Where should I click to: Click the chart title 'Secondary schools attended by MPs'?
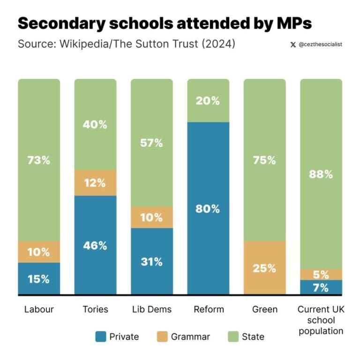tap(165, 24)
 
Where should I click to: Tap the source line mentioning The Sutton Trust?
tap(126, 45)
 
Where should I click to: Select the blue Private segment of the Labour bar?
tap(39, 279)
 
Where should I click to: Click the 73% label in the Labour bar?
tap(39, 160)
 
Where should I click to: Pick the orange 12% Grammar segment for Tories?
tap(95, 183)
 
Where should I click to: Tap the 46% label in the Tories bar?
tap(95, 245)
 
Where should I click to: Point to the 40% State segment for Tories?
tap(95, 125)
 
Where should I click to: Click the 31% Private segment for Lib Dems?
tap(151, 261)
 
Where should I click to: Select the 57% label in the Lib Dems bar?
tap(151, 143)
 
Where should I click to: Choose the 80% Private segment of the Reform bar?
tap(208, 208)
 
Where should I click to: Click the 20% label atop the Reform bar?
tap(208, 100)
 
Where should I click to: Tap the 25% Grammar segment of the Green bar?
tap(264, 268)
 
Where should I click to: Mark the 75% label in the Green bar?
tap(264, 160)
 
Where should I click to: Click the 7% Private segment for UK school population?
tap(321, 288)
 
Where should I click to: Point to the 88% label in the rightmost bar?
tap(321, 174)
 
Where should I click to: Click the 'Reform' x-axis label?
tap(208, 309)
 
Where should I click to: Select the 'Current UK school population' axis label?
tap(321, 320)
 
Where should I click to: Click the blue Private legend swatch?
tap(100, 337)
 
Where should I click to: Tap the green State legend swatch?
tap(233, 337)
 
